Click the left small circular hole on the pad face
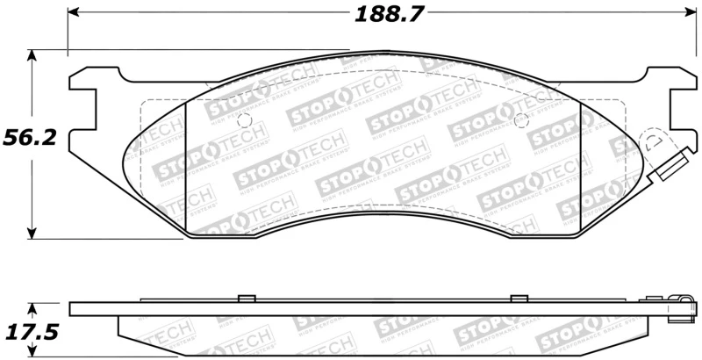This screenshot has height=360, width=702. pos(245,120)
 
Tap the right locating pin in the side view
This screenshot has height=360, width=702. pos(519,297)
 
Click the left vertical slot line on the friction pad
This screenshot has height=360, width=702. pos(187,167)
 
